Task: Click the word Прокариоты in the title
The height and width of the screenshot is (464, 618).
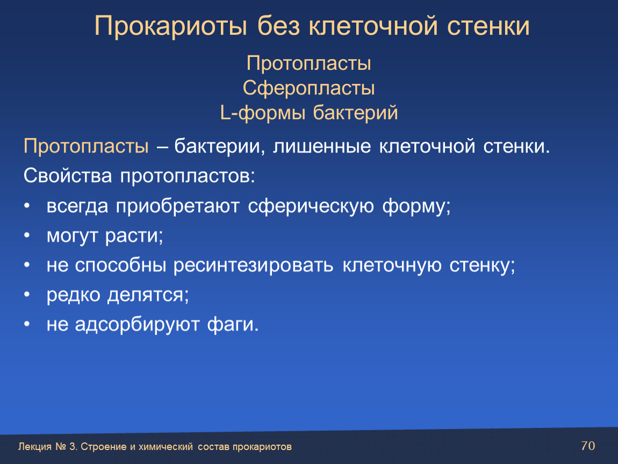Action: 171,26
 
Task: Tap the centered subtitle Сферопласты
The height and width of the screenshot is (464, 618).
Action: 308,88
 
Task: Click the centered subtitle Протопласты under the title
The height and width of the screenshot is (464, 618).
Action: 308,63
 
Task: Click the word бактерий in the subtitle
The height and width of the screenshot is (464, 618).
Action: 355,113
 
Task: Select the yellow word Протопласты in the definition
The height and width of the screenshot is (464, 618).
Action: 87,146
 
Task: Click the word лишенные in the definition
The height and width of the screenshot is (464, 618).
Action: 321,146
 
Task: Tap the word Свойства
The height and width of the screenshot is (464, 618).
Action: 67,176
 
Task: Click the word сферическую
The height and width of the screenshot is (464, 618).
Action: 311,206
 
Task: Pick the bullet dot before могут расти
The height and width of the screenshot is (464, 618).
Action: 27,235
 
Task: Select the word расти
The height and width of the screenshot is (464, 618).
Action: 133,236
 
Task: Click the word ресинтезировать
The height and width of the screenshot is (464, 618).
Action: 254,265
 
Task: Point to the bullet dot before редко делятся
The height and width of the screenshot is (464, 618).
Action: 27,294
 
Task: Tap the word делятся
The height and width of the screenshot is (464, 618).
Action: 148,295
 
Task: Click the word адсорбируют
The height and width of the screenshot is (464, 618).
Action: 137,324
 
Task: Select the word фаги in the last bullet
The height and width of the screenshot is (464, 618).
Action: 233,324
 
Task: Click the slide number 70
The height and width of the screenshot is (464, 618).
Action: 588,446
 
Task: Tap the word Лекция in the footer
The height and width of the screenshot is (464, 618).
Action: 35,447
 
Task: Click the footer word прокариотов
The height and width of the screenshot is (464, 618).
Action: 262,447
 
